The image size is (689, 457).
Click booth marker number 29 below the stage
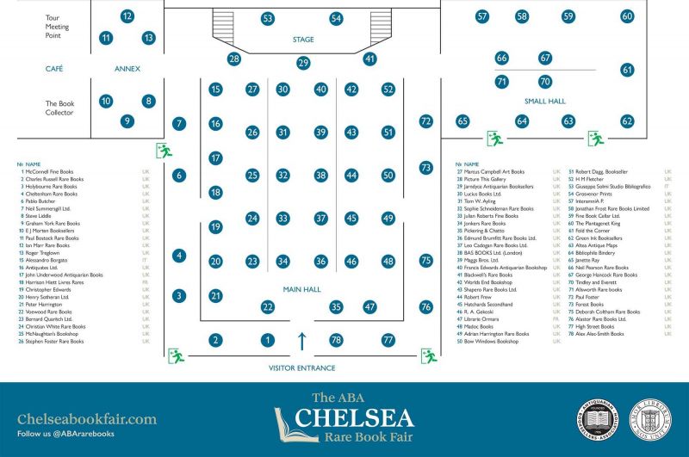(303, 63)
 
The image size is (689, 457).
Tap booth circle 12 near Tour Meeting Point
(127, 15)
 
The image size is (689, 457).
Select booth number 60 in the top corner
(627, 15)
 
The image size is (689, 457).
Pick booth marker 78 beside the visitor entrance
(336, 340)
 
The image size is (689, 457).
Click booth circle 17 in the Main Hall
(215, 158)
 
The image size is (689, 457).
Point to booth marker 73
(425, 167)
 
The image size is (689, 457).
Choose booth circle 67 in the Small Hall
(545, 58)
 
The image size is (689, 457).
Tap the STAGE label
(303, 40)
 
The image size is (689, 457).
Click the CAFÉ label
(54, 69)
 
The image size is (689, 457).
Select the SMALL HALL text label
(544, 102)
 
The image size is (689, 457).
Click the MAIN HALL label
(302, 289)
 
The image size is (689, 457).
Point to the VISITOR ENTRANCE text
(302, 368)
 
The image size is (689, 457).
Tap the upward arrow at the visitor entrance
(302, 340)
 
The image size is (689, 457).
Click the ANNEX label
(127, 69)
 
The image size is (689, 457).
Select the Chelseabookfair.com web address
(87, 419)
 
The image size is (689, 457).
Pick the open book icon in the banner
(288, 421)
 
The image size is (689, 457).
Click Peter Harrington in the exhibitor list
(43, 305)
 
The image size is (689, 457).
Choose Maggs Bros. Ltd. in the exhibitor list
(479, 260)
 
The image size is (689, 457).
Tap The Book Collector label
(59, 108)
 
